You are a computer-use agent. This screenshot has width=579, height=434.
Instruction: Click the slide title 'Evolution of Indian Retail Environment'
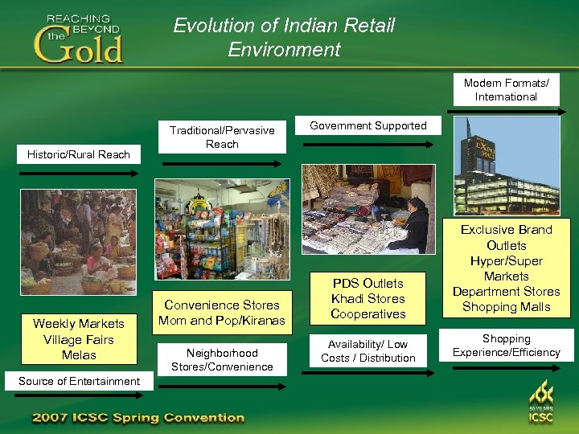pos(284,37)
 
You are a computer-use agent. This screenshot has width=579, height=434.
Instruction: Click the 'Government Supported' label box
pos(368,126)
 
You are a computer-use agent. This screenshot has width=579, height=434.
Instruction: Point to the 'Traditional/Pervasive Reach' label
pos(222,137)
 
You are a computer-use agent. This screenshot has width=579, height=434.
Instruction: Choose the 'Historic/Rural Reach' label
pos(79,154)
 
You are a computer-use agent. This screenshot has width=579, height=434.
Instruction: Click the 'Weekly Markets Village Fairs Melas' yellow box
pos(79,339)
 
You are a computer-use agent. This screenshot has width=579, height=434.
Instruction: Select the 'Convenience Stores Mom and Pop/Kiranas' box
pos(222,313)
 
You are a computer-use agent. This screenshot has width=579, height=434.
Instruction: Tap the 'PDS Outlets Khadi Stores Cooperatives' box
pos(368,298)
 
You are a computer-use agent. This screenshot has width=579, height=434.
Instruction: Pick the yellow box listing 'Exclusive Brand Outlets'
pos(506,268)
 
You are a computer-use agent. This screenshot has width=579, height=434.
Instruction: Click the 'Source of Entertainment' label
pos(79,381)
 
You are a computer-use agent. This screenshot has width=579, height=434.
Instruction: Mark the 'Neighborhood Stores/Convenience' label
pos(222,359)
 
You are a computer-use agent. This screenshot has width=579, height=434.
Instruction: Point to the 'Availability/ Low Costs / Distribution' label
pos(368,351)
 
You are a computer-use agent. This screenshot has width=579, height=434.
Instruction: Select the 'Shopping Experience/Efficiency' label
pos(506,346)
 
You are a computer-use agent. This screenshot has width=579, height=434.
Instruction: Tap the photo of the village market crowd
pos(78,241)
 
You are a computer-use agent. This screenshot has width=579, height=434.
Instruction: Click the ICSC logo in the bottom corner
pos(540,402)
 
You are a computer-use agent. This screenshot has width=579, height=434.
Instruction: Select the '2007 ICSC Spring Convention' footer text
pos(138,418)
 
